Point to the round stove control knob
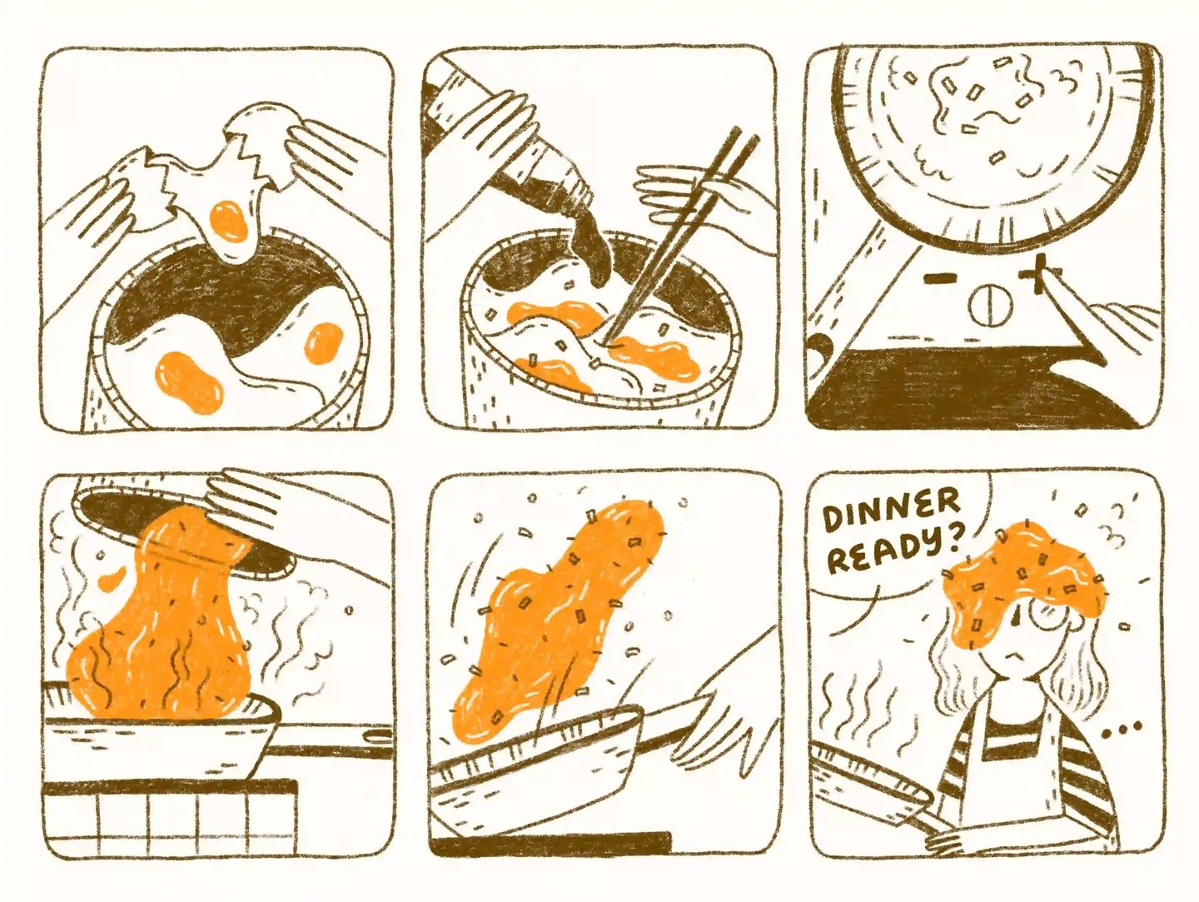point(990,306)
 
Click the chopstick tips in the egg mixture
point(612,339)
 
